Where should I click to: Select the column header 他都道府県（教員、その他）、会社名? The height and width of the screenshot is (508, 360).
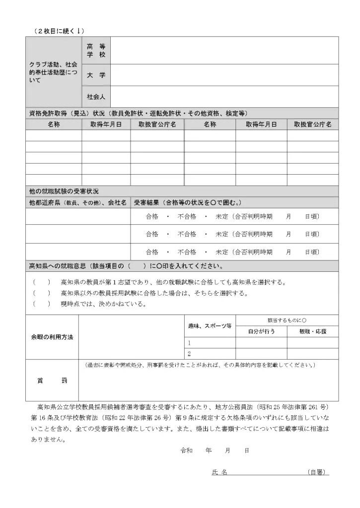click(x=78, y=202)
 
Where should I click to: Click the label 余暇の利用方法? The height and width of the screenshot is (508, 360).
click(x=52, y=337)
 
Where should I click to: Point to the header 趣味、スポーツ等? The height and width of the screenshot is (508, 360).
click(x=210, y=326)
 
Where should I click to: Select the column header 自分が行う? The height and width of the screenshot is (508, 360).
click(x=261, y=331)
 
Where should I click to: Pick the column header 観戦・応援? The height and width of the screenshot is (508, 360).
click(x=313, y=331)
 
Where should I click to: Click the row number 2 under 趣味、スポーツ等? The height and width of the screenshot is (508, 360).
click(x=189, y=354)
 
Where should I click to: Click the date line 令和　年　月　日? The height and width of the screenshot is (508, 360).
click(x=215, y=450)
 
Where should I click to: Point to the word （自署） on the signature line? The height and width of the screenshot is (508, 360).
click(x=318, y=472)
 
